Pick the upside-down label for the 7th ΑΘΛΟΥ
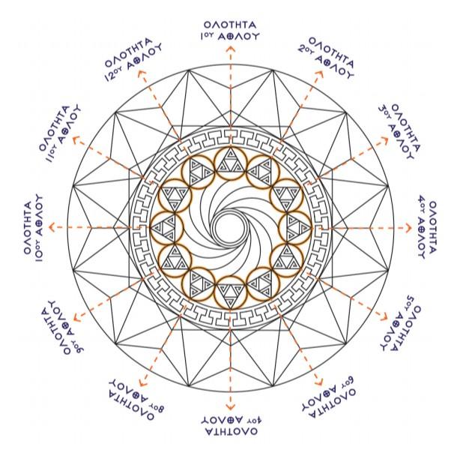point(231,426)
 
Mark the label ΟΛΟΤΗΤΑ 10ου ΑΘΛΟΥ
point(34,227)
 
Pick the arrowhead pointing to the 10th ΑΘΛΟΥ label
point(52,227)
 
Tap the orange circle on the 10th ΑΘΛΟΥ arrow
point(167,226)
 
